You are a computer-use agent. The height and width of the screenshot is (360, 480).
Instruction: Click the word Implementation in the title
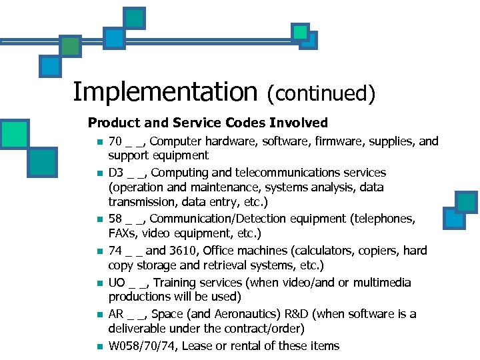tap(165, 92)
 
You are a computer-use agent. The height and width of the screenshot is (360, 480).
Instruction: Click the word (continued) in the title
tap(321, 93)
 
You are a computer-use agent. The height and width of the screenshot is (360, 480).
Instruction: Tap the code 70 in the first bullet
tap(115, 141)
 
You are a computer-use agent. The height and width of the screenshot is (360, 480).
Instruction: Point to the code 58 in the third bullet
tap(115, 219)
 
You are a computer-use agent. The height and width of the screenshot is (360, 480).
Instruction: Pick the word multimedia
tap(382, 283)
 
